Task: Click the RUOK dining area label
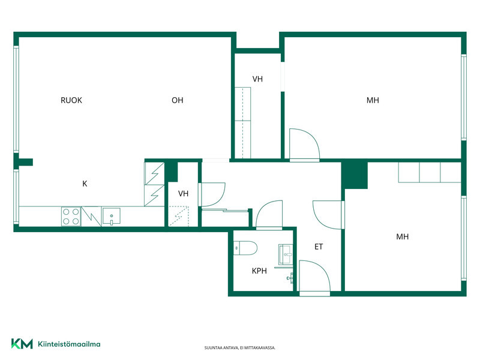[x=71, y=100]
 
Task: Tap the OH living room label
[x=177, y=100]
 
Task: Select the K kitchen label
[x=85, y=184]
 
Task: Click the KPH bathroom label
[x=259, y=271]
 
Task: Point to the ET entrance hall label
[x=319, y=247]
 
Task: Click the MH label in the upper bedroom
[x=373, y=100]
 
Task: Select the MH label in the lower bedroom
[x=402, y=236]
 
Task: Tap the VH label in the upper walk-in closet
[x=257, y=79]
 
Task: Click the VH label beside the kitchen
[x=183, y=193]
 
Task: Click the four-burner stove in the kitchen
[x=71, y=217]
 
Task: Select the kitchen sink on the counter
[x=111, y=216]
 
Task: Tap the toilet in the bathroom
[x=245, y=248]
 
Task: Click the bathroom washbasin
[x=286, y=254]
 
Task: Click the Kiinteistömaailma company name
[x=69, y=344]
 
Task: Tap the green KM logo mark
[x=22, y=344]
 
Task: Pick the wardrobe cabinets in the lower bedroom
[x=430, y=173]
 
